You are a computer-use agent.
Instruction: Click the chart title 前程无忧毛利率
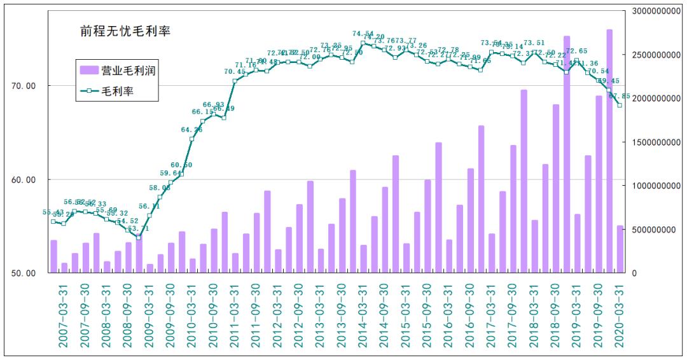coord(125,31)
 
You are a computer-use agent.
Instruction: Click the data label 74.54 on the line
coord(363,34)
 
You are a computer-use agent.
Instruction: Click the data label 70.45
coord(235,72)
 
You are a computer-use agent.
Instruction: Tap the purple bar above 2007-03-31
coord(54,256)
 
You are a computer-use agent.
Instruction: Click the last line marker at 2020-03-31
coord(620,105)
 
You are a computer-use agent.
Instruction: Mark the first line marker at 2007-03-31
coord(53,221)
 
